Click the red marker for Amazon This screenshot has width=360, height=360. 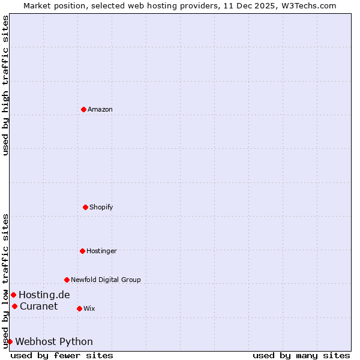coord(83,109)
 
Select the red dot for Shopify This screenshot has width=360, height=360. coord(85,207)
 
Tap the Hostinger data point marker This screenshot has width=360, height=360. coord(82,251)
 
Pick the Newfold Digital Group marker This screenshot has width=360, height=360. coord(67,280)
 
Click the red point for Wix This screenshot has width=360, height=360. coord(79,308)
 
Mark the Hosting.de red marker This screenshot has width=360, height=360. coord(13,295)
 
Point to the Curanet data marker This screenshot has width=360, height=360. coord(14,306)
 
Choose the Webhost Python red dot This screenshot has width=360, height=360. coord(10,341)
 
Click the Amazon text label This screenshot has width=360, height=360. coord(100,109)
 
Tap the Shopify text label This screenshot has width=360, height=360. coord(101,207)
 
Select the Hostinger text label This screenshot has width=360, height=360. coord(101,251)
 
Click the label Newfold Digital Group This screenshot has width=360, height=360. coord(106,280)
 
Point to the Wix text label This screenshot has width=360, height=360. coord(89,308)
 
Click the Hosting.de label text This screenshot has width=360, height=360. coord(44,295)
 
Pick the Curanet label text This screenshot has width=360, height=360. coord(39,306)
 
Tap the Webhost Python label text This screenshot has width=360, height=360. coord(54,341)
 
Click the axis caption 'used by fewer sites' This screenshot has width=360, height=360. coord(62,355)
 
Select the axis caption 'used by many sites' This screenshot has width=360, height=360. coord(301,355)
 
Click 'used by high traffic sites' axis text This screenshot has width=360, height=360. coord(5,85)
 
